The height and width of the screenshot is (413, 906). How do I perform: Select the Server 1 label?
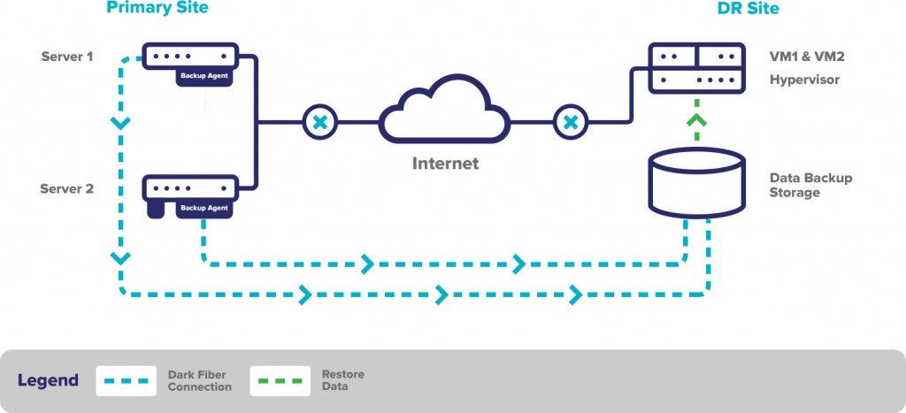pyautogui.click(x=67, y=57)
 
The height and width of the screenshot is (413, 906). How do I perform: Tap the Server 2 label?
pyautogui.click(x=67, y=188)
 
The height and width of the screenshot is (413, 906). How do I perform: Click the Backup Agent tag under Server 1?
pyautogui.click(x=204, y=76)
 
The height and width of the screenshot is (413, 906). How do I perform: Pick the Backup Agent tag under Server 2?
pyautogui.click(x=204, y=208)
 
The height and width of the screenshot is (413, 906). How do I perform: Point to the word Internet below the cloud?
pyautogui.click(x=445, y=164)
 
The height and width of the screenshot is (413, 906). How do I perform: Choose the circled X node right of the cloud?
pyautogui.click(x=571, y=122)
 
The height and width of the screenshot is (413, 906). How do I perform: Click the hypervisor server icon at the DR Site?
pyautogui.click(x=696, y=67)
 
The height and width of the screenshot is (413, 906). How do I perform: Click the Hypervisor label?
pyautogui.click(x=804, y=80)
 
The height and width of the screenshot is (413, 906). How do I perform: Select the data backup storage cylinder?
pyautogui.click(x=696, y=183)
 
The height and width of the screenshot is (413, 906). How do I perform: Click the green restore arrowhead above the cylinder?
pyautogui.click(x=697, y=119)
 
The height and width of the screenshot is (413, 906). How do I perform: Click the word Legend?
pyautogui.click(x=48, y=381)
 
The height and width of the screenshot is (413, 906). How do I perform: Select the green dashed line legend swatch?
pyautogui.click(x=280, y=381)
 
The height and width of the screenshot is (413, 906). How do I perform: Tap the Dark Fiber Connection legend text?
pyautogui.click(x=199, y=381)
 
